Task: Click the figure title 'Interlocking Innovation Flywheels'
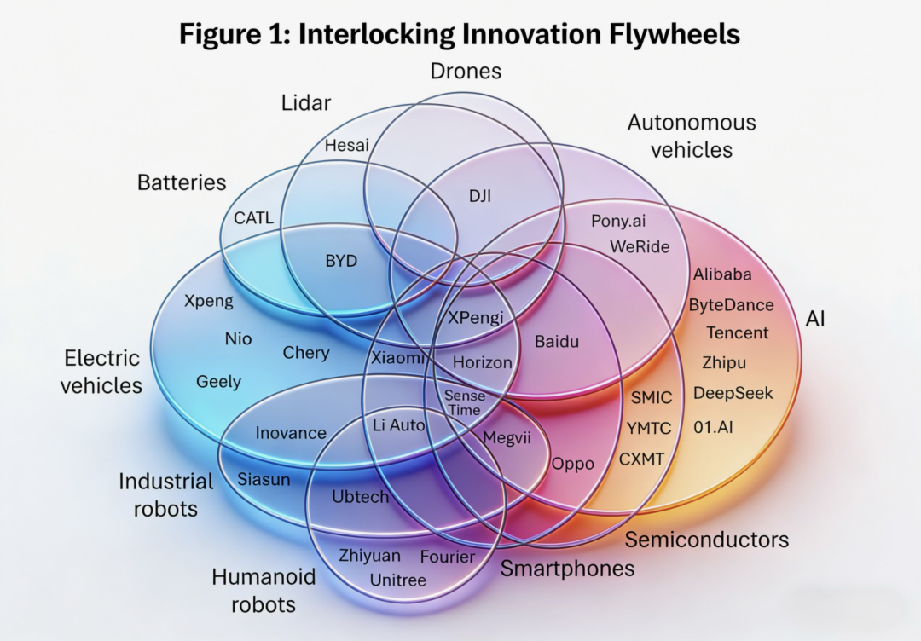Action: [460, 34]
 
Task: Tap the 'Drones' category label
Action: [465, 71]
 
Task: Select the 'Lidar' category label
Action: [306, 103]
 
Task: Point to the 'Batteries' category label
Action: [182, 182]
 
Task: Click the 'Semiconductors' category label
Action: [707, 540]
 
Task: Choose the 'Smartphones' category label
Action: [567, 569]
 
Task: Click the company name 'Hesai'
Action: [347, 146]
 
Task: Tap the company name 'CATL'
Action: [254, 218]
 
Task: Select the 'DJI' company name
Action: [480, 195]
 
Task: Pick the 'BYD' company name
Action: [341, 261]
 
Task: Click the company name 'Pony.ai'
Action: [618, 221]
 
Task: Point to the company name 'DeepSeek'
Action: [733, 393]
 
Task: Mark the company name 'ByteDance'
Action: [732, 305]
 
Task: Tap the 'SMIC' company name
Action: [652, 397]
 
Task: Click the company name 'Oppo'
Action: [573, 464]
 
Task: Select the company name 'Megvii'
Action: [507, 438]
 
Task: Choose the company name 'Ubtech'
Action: [360, 497]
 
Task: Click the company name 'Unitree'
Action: [398, 580]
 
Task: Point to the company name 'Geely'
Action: [218, 382]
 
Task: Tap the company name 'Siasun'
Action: [264, 479]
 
